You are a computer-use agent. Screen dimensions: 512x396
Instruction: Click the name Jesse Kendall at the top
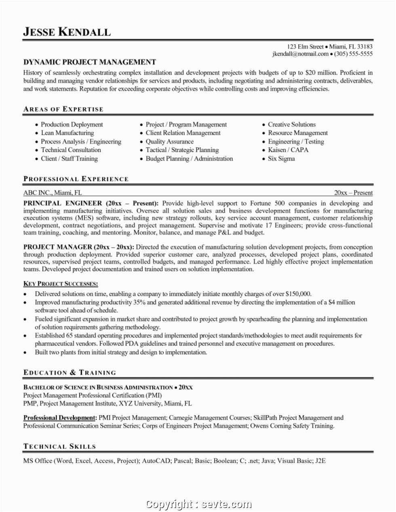[x=67, y=32]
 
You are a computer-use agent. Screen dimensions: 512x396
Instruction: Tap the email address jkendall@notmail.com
[x=300, y=54]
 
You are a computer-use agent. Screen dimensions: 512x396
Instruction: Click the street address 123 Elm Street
[x=305, y=47]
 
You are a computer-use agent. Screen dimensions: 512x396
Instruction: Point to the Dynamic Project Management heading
[x=89, y=62]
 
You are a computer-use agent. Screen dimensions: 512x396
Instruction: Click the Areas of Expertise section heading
[x=63, y=109]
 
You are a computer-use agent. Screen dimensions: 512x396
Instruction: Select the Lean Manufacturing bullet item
[x=67, y=133]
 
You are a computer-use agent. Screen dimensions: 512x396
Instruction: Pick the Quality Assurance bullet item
[x=169, y=142]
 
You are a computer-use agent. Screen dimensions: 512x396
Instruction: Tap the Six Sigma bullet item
[x=281, y=159]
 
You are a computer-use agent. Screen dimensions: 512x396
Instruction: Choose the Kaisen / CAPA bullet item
[x=288, y=150]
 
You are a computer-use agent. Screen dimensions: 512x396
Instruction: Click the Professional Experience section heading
[x=76, y=179]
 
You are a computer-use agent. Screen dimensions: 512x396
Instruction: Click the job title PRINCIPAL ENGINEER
[x=63, y=203]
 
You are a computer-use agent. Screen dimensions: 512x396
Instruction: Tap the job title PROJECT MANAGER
[x=58, y=247]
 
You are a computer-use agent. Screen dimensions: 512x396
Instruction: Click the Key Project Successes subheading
[x=61, y=284]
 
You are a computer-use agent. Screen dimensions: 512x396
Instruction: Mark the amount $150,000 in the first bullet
[x=298, y=294]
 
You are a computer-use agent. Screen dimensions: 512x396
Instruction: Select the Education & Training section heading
[x=70, y=372]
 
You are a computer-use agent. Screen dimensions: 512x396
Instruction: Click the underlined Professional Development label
[x=60, y=418]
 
